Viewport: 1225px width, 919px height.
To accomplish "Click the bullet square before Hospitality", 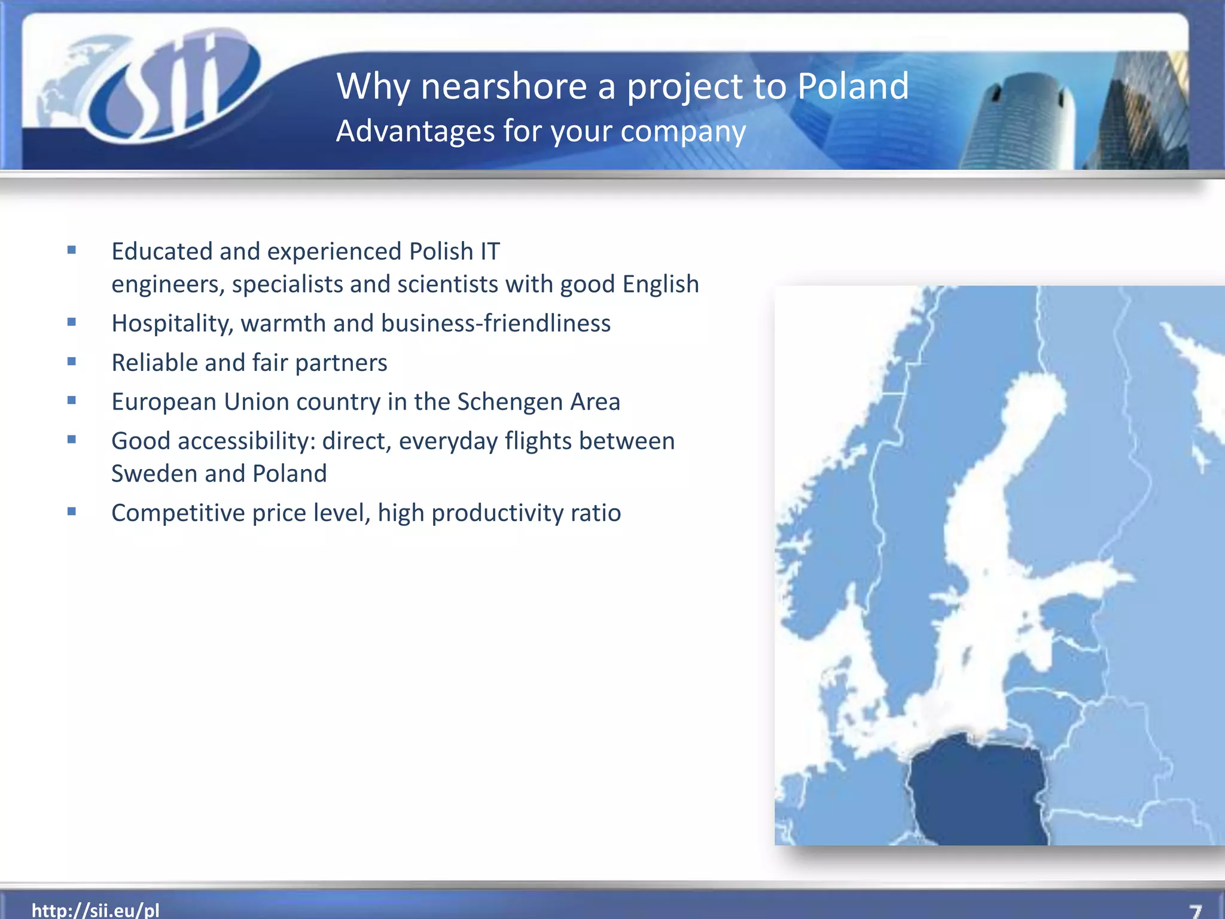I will click(x=72, y=322).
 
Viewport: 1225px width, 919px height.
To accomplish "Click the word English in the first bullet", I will click(x=660, y=284).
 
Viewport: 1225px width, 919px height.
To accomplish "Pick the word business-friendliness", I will click(x=495, y=323).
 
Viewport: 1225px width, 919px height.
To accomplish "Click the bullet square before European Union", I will click(x=72, y=400).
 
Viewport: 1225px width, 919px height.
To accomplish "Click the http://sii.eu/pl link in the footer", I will click(x=96, y=910).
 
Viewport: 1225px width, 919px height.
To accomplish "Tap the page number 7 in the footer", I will click(x=1195, y=911).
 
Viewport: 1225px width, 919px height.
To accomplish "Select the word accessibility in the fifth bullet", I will click(x=246, y=441).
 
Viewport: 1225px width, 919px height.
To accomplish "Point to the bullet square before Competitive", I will click(x=72, y=512).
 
